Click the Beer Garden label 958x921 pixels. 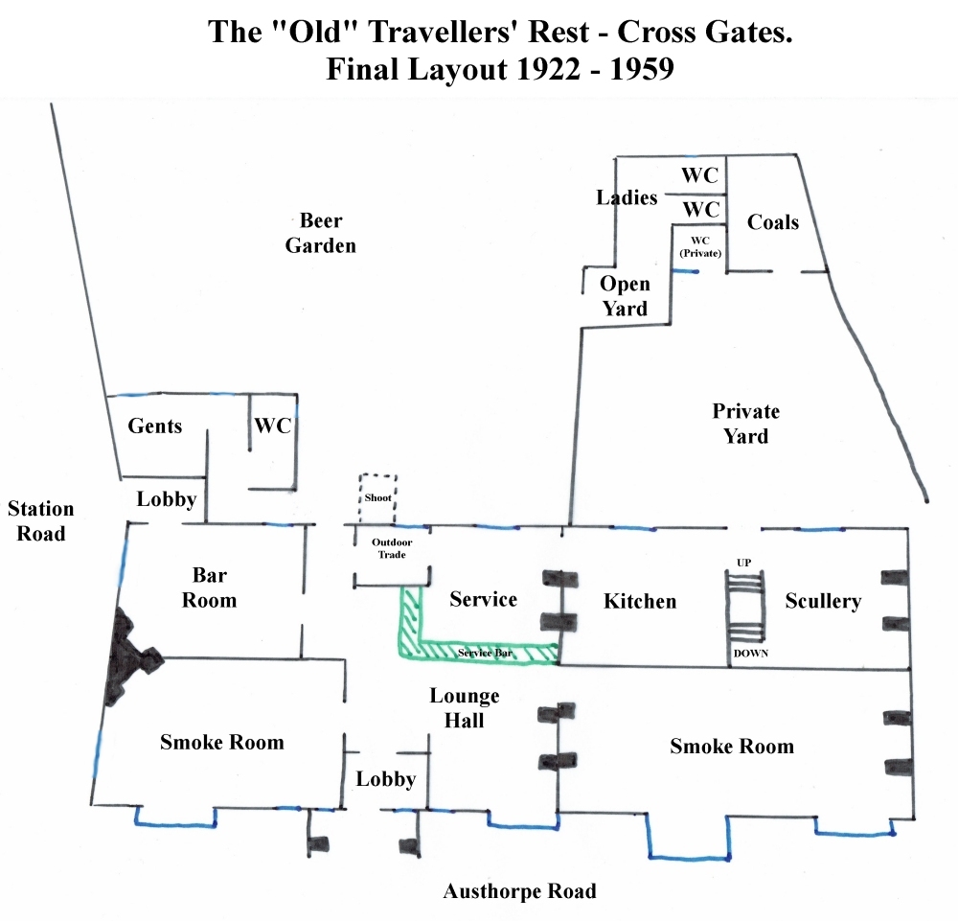(x=320, y=233)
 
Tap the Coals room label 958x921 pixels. (x=773, y=221)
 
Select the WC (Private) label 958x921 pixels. (x=700, y=247)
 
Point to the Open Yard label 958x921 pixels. (x=625, y=296)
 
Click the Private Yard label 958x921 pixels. (x=746, y=424)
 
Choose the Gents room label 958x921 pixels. (x=154, y=426)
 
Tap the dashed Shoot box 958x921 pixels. (x=377, y=498)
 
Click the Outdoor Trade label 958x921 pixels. (x=392, y=548)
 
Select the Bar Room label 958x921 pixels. (x=209, y=587)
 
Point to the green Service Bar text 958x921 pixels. (x=485, y=653)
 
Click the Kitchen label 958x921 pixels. (x=640, y=601)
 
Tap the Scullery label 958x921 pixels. (x=823, y=601)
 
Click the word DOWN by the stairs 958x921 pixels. (x=751, y=654)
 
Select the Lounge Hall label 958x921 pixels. (x=465, y=707)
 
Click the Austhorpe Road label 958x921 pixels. (x=519, y=891)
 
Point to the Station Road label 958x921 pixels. (x=40, y=520)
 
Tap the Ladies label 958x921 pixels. (x=627, y=197)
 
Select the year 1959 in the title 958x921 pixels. (x=642, y=68)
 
